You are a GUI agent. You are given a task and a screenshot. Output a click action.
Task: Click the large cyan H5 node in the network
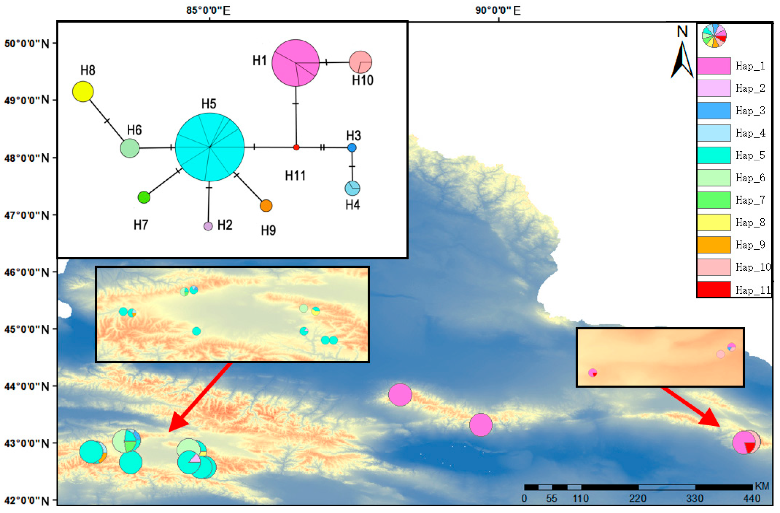210,147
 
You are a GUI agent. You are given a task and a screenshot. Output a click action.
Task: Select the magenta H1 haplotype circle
296,63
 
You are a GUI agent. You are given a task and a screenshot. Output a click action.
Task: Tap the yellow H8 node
83,92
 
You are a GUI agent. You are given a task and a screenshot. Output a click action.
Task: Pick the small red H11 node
296,147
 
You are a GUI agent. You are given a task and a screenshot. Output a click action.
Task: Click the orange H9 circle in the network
266,206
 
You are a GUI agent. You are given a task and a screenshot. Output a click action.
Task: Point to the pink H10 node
360,62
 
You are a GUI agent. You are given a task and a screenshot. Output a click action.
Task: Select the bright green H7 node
144,197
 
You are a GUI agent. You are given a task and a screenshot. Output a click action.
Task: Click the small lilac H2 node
208,226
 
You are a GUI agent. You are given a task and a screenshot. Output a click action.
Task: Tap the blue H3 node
352,147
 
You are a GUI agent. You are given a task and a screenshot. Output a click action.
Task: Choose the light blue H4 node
352,188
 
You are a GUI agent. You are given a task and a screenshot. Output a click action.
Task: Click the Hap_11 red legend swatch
714,289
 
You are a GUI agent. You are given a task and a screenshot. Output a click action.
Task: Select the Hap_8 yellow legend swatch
714,222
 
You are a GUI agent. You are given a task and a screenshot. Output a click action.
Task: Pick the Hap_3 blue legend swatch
714,111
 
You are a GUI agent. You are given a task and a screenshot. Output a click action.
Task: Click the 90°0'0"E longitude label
498,11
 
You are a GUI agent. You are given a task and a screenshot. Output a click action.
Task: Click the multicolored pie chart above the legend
714,35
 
